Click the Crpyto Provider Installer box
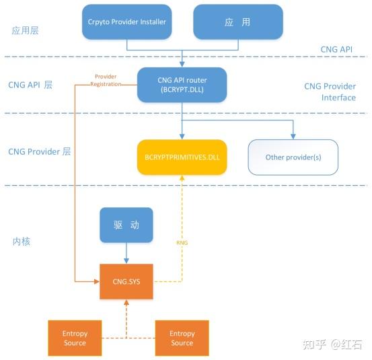[126, 22]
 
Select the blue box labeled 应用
[238, 22]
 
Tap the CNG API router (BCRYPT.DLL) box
[182, 85]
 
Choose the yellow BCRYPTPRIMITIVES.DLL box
[182, 157]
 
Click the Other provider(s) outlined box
[293, 157]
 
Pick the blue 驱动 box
[126, 225]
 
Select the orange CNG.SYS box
[126, 281]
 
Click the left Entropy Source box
[75, 338]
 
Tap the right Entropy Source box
[182, 338]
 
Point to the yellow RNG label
[182, 243]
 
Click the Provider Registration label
[106, 80]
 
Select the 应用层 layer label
[25, 30]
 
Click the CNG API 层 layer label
[30, 85]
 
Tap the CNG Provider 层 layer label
[40, 151]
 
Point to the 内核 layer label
[22, 242]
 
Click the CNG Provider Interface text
[330, 92]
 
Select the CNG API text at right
[336, 49]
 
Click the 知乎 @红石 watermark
[332, 345]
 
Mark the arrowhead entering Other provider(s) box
[293, 136]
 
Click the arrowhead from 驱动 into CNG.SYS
[126, 260]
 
